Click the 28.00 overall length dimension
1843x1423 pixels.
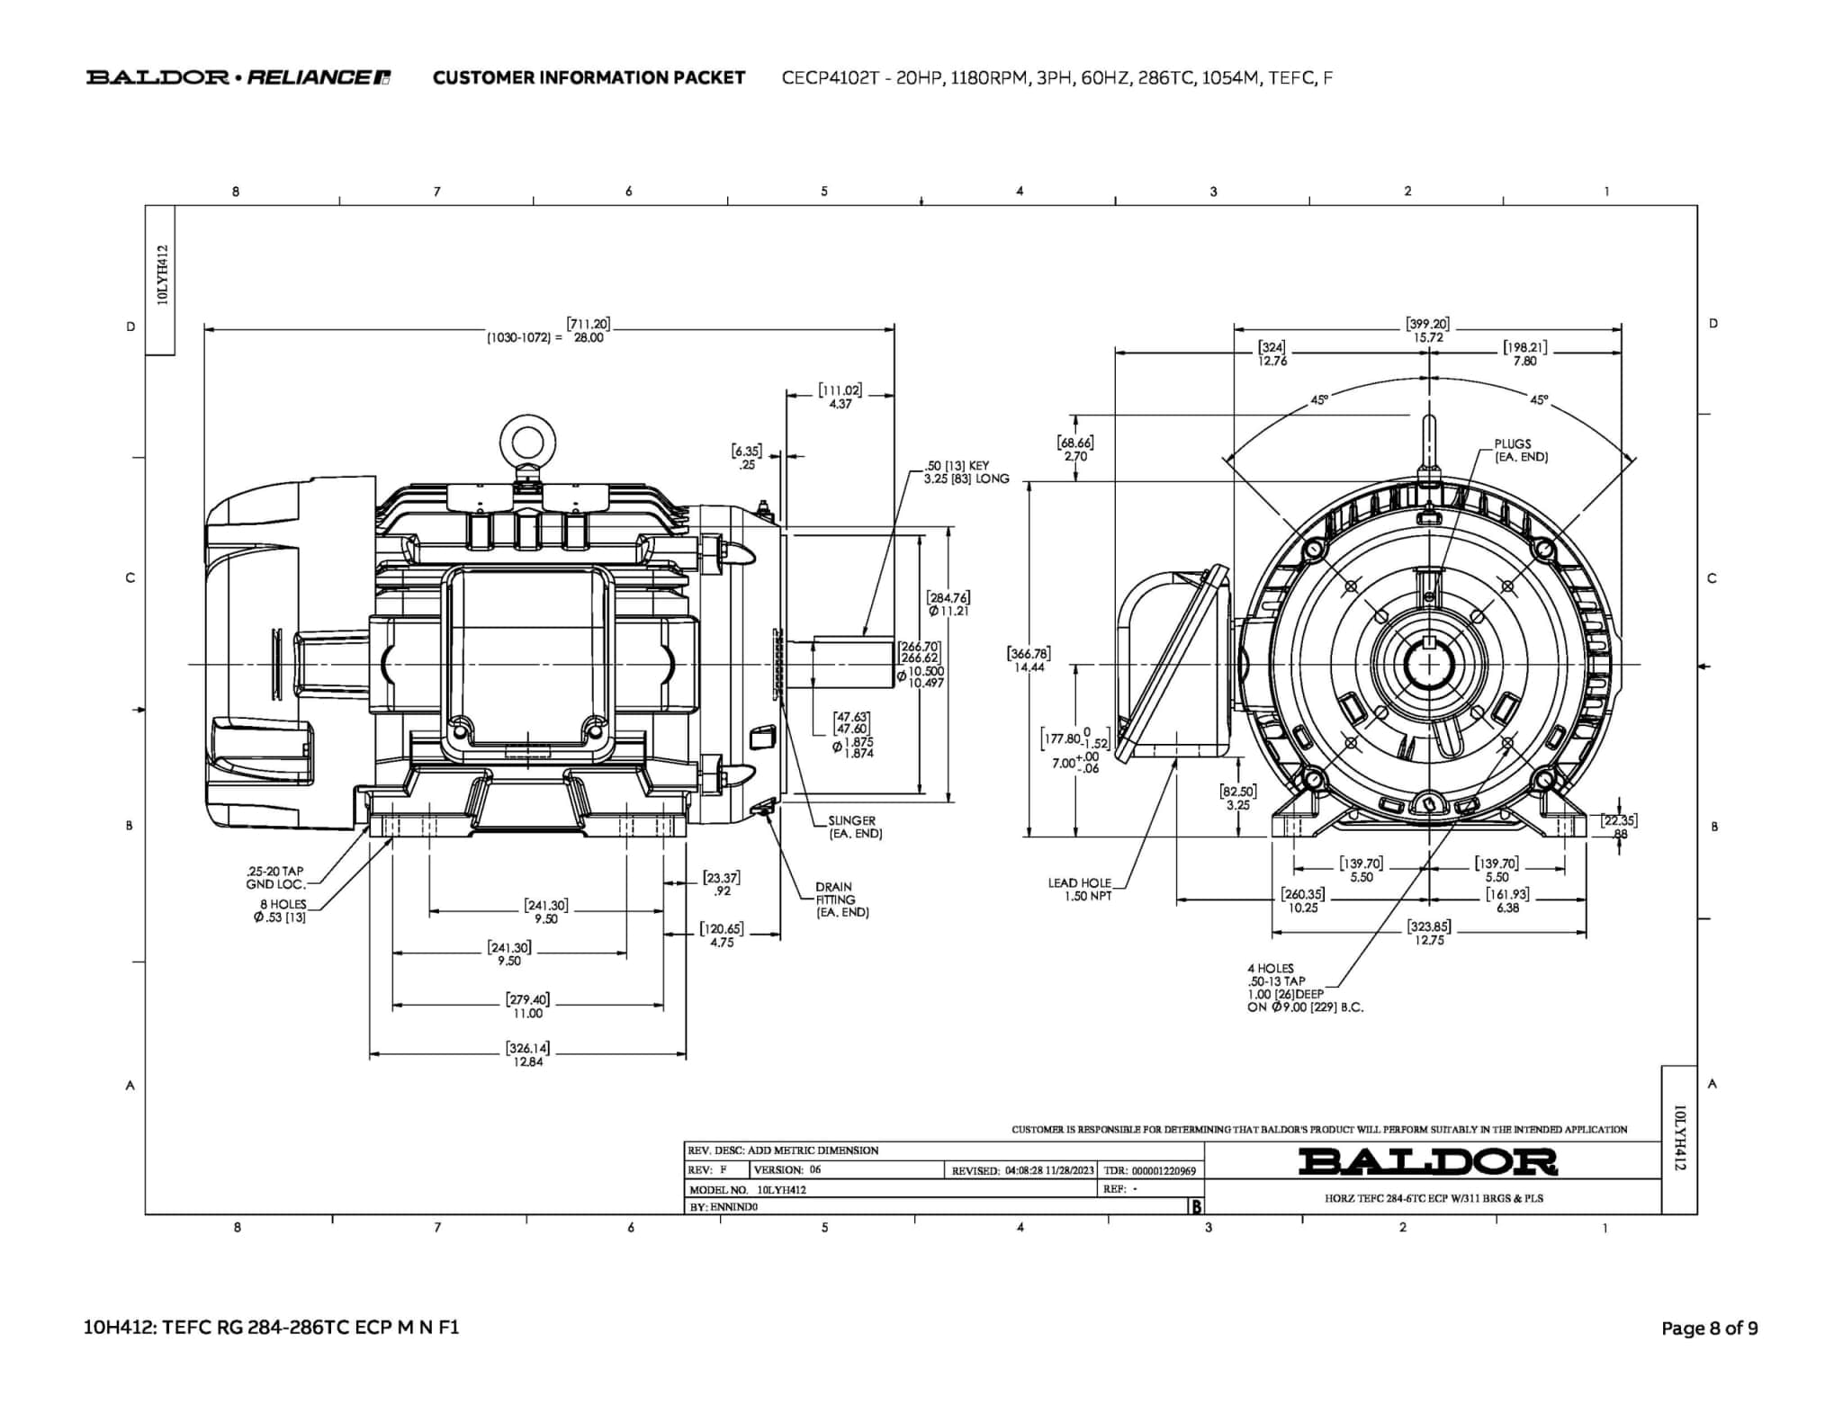pos(589,338)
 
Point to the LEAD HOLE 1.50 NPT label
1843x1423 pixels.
pos(1079,889)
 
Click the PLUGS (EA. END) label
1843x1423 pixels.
pos(1521,451)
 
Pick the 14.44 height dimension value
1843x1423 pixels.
pos(1029,667)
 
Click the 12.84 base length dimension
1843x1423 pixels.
pos(528,1061)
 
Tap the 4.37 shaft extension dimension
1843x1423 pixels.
pos(840,405)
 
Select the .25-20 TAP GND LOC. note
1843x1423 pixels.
pos(275,878)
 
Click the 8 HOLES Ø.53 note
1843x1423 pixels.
pos(282,910)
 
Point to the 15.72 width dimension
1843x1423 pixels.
pos(1427,338)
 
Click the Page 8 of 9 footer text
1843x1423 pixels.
pos(1709,1328)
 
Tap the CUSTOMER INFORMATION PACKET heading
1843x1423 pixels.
pos(589,77)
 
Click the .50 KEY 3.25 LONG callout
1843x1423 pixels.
pos(966,472)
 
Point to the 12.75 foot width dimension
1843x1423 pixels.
pos(1428,940)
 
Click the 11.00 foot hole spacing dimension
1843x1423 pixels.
pos(527,1013)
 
